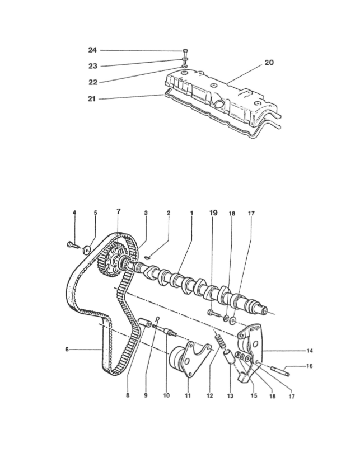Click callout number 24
[x=92, y=50]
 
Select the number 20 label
[x=269, y=63]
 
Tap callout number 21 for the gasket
[x=92, y=99]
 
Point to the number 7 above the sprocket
[x=118, y=211]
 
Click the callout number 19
[x=213, y=213]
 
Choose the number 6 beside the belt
[x=67, y=350]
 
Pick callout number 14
[x=310, y=351]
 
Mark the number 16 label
[x=310, y=366]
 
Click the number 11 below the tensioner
[x=188, y=395]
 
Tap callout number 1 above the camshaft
[x=191, y=213]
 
